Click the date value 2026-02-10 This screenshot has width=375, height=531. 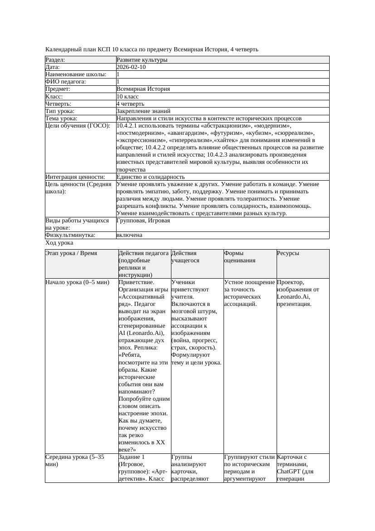[x=131, y=67]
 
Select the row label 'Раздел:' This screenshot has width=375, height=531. [x=55, y=60]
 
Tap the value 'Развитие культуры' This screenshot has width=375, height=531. [x=142, y=60]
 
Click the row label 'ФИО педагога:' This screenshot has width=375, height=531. [x=66, y=82]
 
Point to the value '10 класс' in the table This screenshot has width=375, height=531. [x=127, y=97]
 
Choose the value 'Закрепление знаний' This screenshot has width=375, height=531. [x=143, y=111]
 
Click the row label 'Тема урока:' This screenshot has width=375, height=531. [x=61, y=118]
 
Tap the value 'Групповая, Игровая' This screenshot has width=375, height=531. [x=143, y=221]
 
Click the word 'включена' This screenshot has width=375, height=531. [x=129, y=235]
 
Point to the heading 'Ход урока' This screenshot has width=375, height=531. [x=59, y=243]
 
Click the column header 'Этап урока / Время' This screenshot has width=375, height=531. [x=71, y=253]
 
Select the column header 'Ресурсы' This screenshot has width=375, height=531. [x=288, y=253]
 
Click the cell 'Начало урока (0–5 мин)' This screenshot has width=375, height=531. [x=78, y=282]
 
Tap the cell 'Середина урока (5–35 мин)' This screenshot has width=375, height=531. [x=75, y=461]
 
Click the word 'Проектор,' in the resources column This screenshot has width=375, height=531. [x=290, y=282]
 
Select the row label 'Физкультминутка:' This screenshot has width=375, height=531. [x=70, y=235]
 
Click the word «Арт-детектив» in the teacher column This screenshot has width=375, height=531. [x=136, y=475]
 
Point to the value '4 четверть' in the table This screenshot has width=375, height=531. [x=130, y=104]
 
